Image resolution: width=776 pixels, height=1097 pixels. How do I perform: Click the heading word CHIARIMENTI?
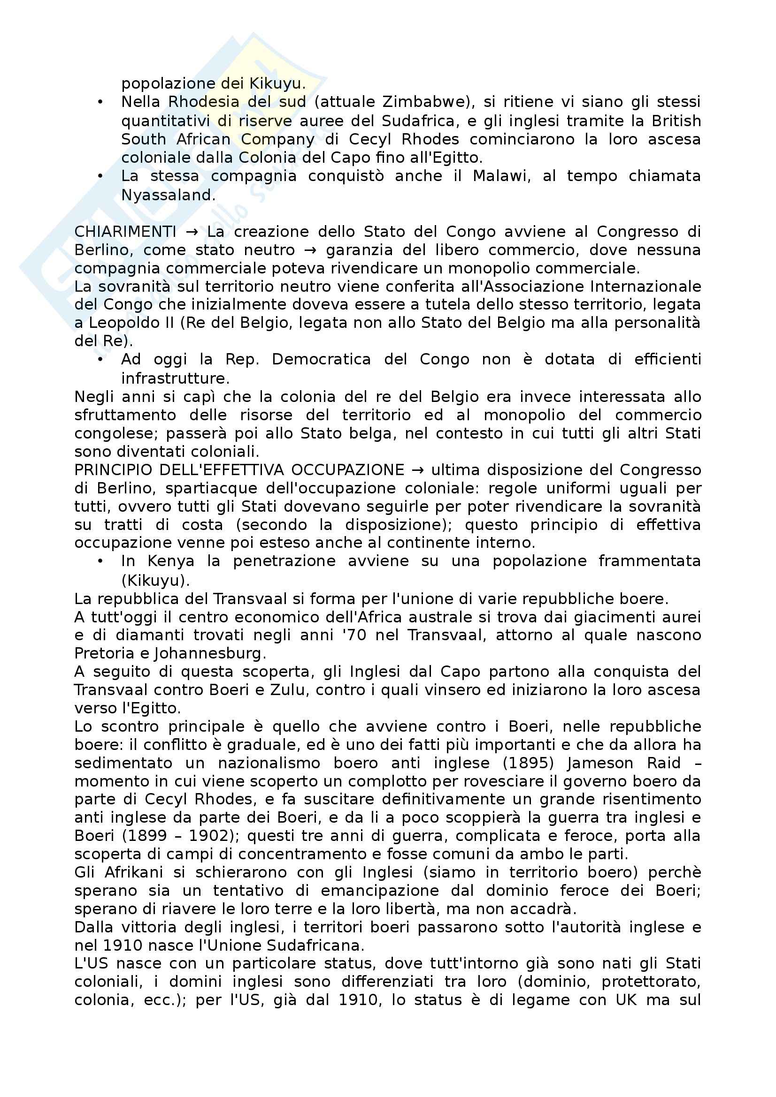[x=125, y=232]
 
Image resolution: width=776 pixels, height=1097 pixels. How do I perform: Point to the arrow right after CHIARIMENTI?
[x=192, y=232]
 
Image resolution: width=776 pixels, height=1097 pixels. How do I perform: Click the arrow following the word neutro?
[x=312, y=250]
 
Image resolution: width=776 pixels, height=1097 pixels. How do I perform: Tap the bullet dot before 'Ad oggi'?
[x=100, y=359]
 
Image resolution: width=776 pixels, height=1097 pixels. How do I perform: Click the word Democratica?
[x=321, y=359]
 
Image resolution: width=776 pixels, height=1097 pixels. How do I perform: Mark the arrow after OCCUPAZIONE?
[x=417, y=470]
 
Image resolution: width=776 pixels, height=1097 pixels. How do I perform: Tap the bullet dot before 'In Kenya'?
[x=100, y=561]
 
